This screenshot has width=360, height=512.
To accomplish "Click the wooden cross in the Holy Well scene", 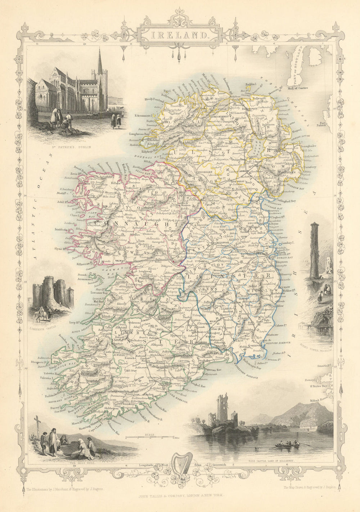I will tap(36, 424).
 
